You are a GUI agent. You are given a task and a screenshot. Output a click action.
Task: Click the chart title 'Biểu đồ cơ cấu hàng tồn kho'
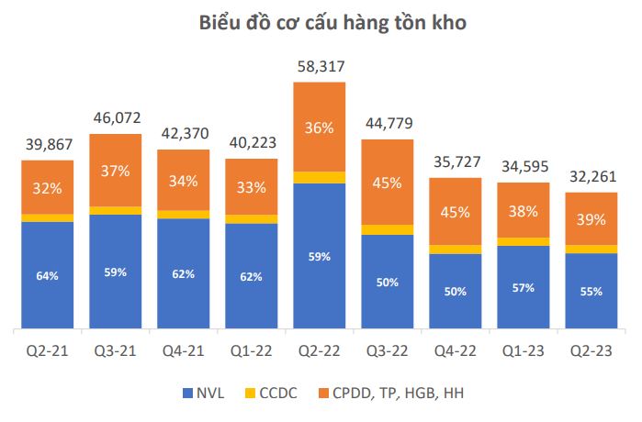point(321,25)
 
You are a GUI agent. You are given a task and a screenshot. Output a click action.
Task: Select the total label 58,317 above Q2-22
point(319,67)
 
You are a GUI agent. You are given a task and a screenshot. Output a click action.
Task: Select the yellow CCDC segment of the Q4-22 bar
point(455,249)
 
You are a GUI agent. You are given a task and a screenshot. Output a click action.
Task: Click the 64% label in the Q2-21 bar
point(48,275)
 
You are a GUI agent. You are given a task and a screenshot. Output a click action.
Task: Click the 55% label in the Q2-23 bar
point(591,292)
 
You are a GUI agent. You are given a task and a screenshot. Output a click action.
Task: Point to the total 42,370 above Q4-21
point(184,133)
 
